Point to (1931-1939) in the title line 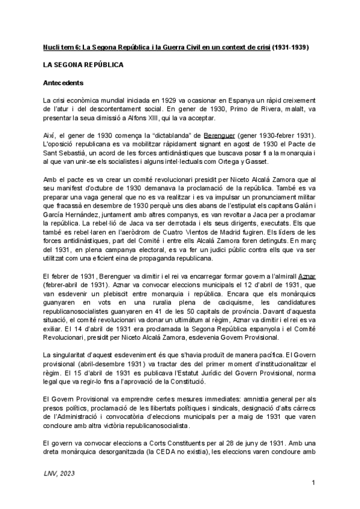[297, 46]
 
